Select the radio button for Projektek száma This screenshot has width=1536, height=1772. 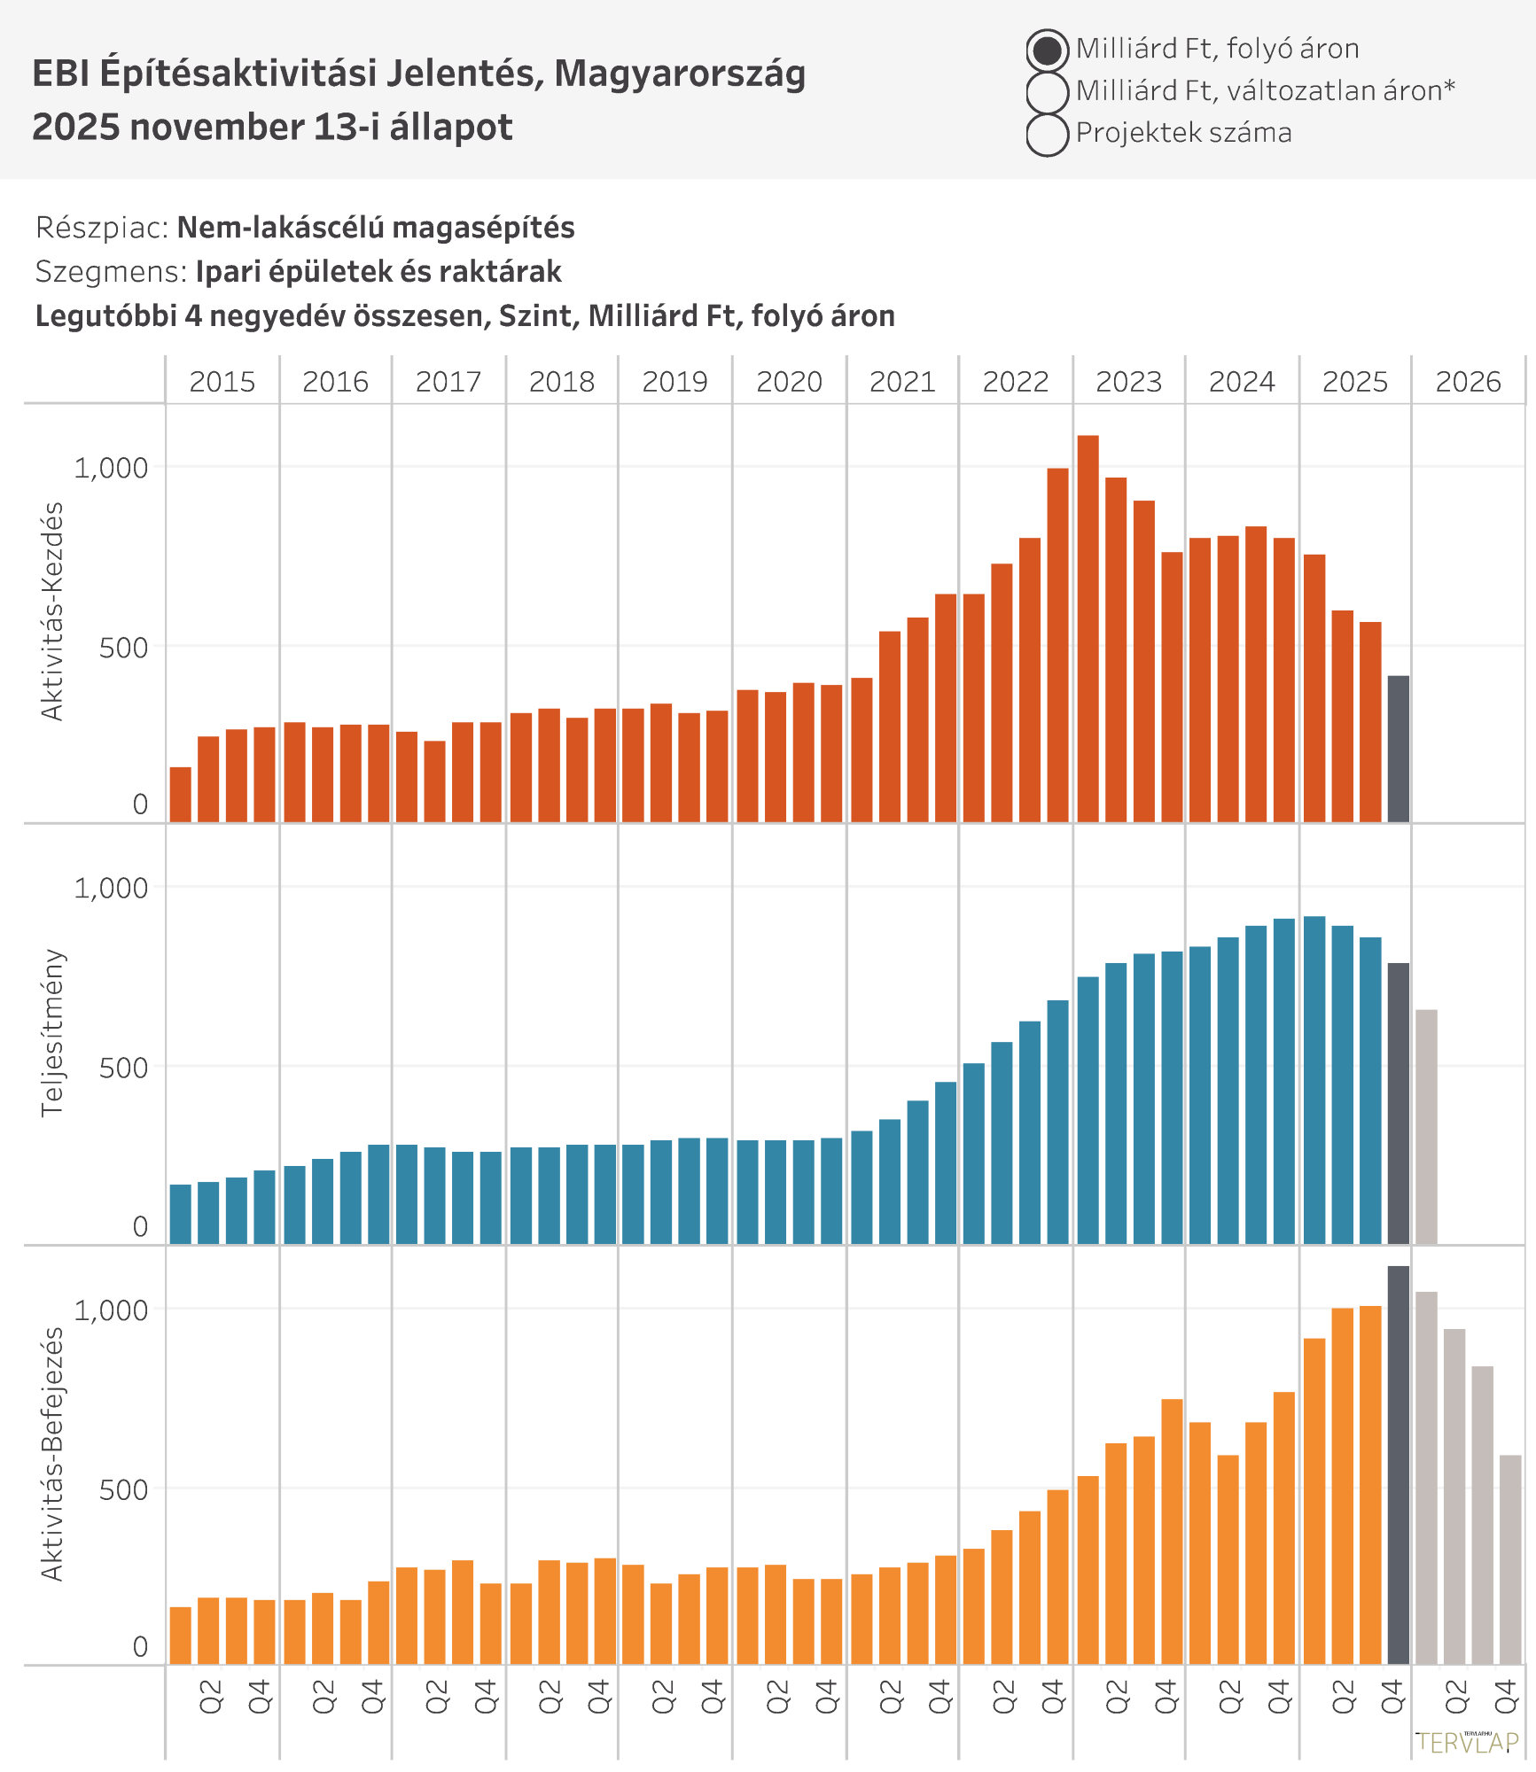[1047, 135]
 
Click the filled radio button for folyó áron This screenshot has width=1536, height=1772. [1047, 51]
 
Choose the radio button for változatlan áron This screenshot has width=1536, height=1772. [1047, 92]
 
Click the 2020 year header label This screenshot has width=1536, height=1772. [789, 382]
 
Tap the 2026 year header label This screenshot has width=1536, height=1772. [1468, 382]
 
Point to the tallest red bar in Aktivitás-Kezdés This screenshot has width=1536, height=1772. [1088, 628]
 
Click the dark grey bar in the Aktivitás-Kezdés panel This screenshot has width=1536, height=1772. [1398, 749]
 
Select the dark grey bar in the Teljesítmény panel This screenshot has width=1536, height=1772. [1398, 1103]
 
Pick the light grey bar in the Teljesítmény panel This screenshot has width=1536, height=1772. [1426, 1126]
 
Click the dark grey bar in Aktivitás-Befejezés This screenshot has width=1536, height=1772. [1398, 1465]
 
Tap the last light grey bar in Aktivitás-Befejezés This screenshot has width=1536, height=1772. [1510, 1559]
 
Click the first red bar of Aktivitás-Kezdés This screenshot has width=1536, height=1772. [180, 795]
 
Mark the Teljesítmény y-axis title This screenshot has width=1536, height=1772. [52, 1032]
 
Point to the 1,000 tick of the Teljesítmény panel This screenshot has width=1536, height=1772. [111, 888]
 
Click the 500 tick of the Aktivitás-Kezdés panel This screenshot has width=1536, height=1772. [123, 648]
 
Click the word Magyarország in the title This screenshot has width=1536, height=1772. [680, 74]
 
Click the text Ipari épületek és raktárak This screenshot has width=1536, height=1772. [378, 272]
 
